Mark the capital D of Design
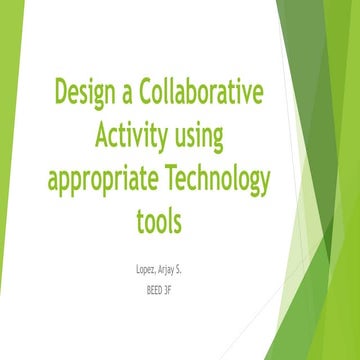61,94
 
